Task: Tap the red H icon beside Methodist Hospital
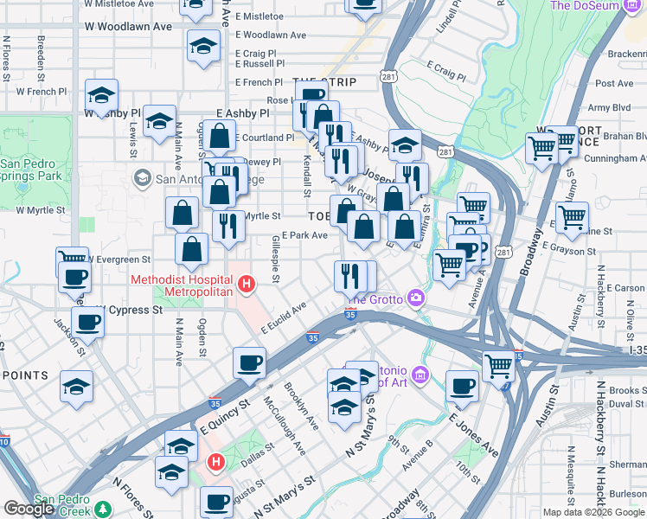pos(247,283)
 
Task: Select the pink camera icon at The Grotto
pos(418,298)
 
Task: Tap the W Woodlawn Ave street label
pos(127,27)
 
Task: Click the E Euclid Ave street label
pos(285,318)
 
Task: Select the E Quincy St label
pos(225,413)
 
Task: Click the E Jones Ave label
pos(473,434)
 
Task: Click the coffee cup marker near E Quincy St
pos(249,363)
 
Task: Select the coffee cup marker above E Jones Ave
pos(463,386)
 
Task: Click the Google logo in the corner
pos(29,509)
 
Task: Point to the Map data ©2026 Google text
pos(594,512)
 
